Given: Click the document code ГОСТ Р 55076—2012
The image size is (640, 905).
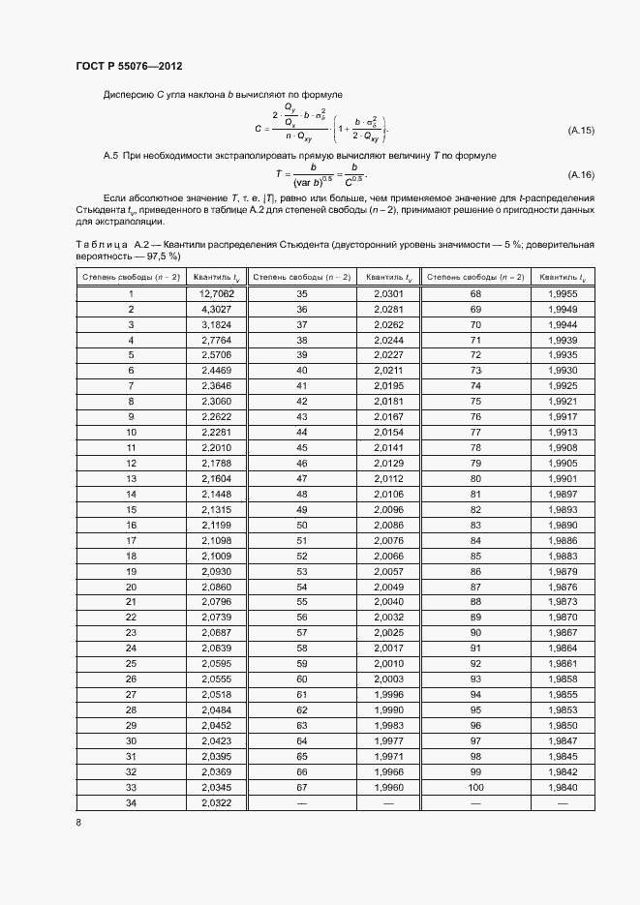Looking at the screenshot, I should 129,66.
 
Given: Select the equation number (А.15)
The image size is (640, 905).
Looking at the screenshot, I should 581,130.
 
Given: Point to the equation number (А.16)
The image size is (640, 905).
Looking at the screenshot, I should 581,175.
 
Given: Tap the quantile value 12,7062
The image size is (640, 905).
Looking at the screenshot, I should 217,293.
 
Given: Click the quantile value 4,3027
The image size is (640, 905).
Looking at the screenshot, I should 217,309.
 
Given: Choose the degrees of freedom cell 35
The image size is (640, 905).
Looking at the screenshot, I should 301,293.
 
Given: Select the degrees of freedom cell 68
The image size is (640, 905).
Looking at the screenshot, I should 475,293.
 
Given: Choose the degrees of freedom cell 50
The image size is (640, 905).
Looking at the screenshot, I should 301,525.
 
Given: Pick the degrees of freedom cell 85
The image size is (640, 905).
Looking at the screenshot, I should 475,556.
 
